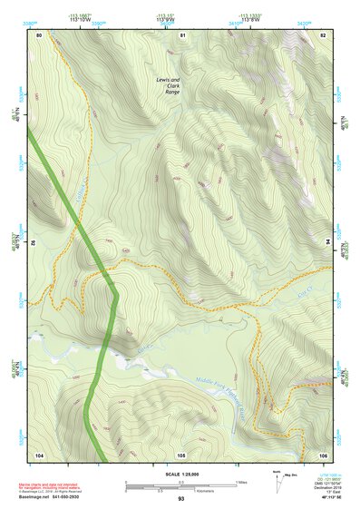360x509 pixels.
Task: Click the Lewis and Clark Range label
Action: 168,85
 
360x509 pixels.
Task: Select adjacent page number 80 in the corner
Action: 39,34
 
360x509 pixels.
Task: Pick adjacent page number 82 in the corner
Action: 323,34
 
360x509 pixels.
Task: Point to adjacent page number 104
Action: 39,454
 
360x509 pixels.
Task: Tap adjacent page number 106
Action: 323,454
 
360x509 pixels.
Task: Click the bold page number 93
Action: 181,499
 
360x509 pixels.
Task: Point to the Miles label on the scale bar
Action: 240,481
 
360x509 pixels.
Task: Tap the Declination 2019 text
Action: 324,487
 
